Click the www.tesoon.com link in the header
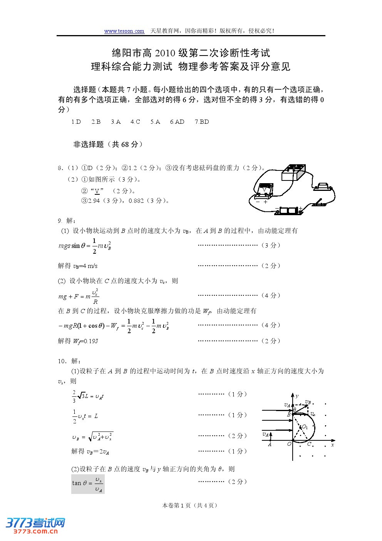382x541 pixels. tap(124, 31)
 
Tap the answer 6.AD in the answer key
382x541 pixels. tap(177, 122)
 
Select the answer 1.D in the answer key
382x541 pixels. tap(76, 122)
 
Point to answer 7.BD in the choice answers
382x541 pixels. tap(202, 122)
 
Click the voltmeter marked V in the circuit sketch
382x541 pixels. tap(265, 190)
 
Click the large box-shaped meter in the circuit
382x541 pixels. tap(293, 173)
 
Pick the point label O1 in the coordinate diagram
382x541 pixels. tap(305, 427)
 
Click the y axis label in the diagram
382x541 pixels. tap(297, 396)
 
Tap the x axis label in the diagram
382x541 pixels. tap(332, 445)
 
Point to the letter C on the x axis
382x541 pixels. tap(309, 444)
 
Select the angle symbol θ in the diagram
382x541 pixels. tap(295, 410)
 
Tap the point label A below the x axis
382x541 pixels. tap(270, 444)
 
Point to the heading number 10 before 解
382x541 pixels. tap(62, 361)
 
